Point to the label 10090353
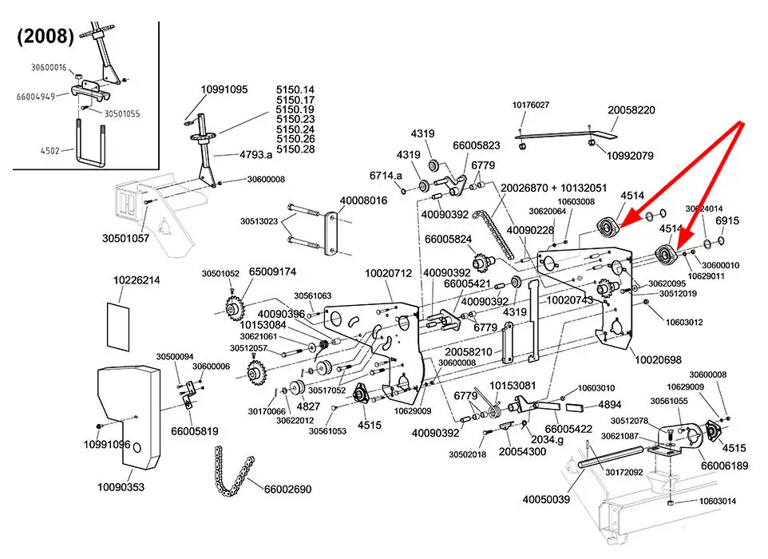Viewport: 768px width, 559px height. pos(121,486)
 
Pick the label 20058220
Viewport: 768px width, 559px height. pos(631,110)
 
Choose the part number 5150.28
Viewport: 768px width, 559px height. pos(295,149)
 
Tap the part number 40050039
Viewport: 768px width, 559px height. pos(546,500)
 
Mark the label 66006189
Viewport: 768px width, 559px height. pos(724,466)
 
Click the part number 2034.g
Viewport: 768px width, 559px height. pos(548,439)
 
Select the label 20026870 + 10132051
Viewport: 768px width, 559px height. pos(553,188)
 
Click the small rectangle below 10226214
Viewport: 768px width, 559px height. pos(117,325)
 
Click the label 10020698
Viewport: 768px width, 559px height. pos(658,361)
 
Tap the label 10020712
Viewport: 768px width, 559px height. pos(388,273)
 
